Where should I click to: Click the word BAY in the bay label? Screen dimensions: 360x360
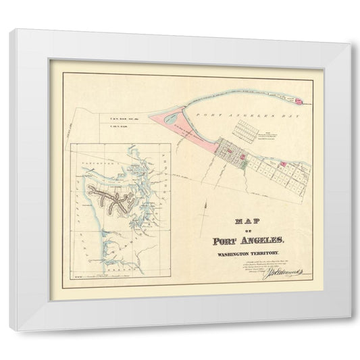coord(265,117)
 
